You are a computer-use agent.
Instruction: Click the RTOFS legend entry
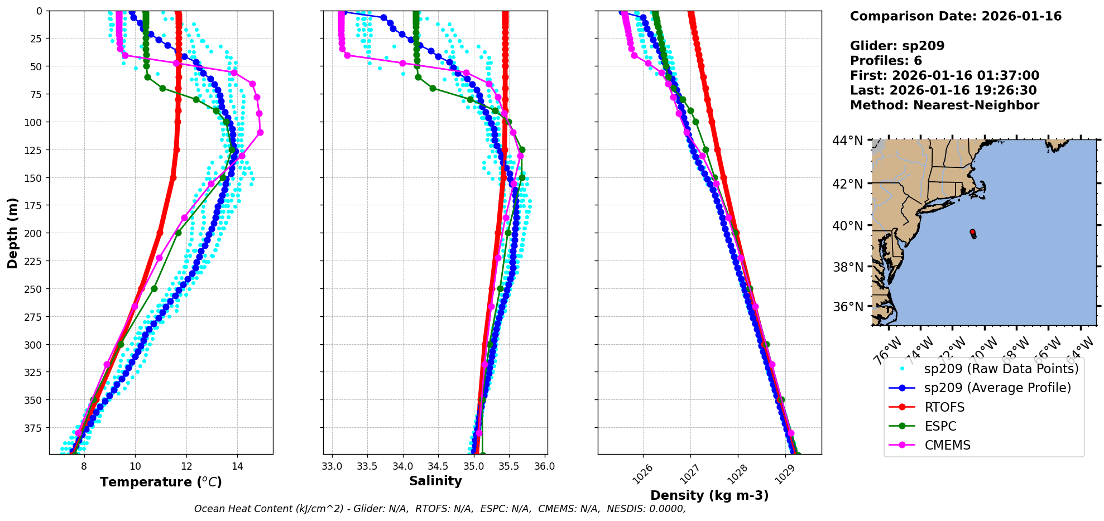coord(944,407)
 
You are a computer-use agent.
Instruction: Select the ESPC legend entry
coord(940,426)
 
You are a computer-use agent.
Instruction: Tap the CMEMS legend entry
coord(947,445)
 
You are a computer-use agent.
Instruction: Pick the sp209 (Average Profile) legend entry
coord(997,388)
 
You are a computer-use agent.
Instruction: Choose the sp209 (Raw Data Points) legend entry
coord(1001,369)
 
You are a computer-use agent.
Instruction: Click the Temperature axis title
coord(161,482)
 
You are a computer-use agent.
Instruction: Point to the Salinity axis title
coord(435,481)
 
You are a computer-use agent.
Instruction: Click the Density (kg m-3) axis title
coord(709,495)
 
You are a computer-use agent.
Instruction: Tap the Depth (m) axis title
coord(12,233)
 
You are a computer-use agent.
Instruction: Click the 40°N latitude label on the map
coord(848,226)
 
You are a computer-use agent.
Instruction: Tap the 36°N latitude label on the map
coord(848,307)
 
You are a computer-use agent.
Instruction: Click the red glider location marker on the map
coord(972,232)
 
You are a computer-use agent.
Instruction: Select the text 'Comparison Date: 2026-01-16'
coord(956,16)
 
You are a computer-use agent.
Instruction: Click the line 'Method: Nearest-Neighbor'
coord(944,105)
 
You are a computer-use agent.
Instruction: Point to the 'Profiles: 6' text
coord(886,61)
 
